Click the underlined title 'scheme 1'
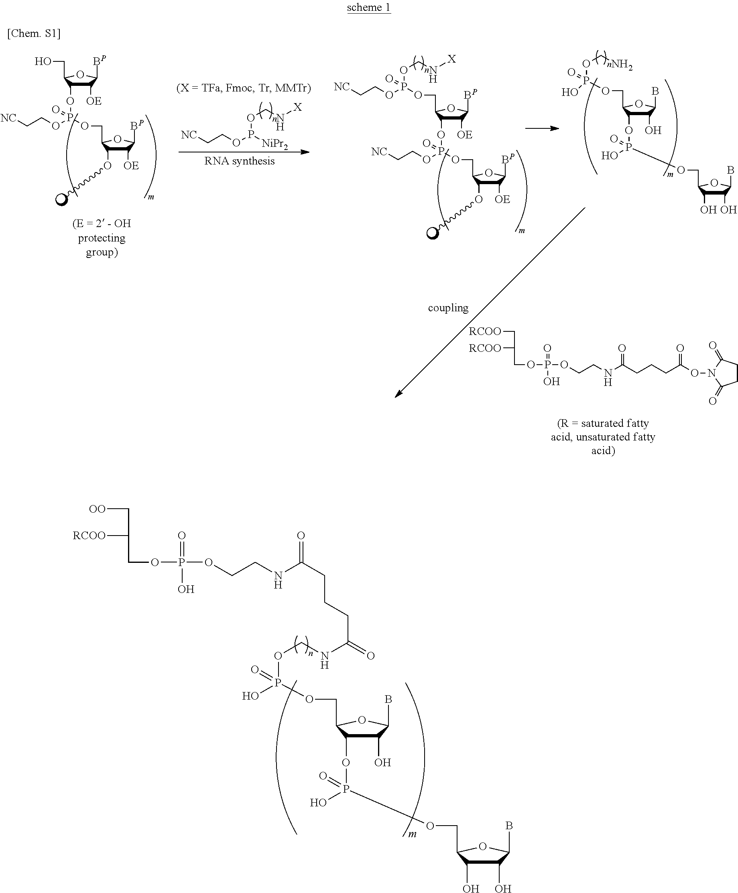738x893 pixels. pos(368,8)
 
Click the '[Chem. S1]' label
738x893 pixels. pos(34,34)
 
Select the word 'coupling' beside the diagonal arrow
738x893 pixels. pos(448,308)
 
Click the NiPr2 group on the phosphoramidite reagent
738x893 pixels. pos(274,144)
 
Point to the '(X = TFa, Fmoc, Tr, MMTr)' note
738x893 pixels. pos(244,88)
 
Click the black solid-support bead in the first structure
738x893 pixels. pos(62,199)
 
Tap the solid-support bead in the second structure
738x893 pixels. pos(433,233)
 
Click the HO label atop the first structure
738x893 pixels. pos(43,62)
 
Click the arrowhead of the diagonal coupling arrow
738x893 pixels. pos(398,394)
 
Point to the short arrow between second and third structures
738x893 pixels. pos(542,128)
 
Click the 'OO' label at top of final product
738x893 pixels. pos(97,509)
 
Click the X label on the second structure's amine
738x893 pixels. pos(451,59)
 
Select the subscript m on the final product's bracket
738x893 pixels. pos(412,834)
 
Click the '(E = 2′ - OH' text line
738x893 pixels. pos(102,223)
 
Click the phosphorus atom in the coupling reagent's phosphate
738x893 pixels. pos(547,364)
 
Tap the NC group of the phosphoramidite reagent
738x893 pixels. pos(189,135)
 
